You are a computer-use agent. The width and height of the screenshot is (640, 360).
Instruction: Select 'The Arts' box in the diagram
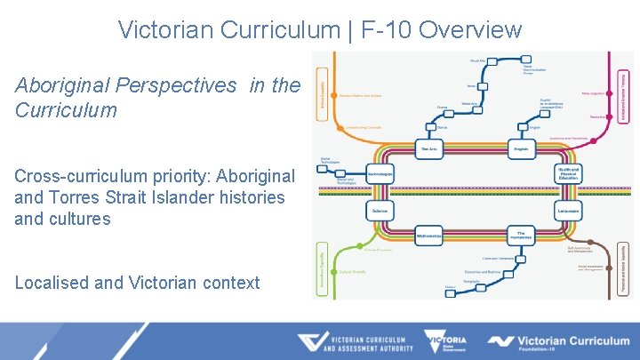429,148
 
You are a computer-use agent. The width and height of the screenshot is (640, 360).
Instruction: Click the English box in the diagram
521,148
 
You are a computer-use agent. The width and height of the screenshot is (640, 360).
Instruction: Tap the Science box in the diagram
380,211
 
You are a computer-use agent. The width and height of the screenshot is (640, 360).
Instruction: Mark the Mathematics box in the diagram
429,235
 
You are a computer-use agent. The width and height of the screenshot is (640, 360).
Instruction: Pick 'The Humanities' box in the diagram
521,235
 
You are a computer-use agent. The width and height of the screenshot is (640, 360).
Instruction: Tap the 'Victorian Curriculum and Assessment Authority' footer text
365,343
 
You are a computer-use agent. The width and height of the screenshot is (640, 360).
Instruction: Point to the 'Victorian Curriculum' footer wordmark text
573,340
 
